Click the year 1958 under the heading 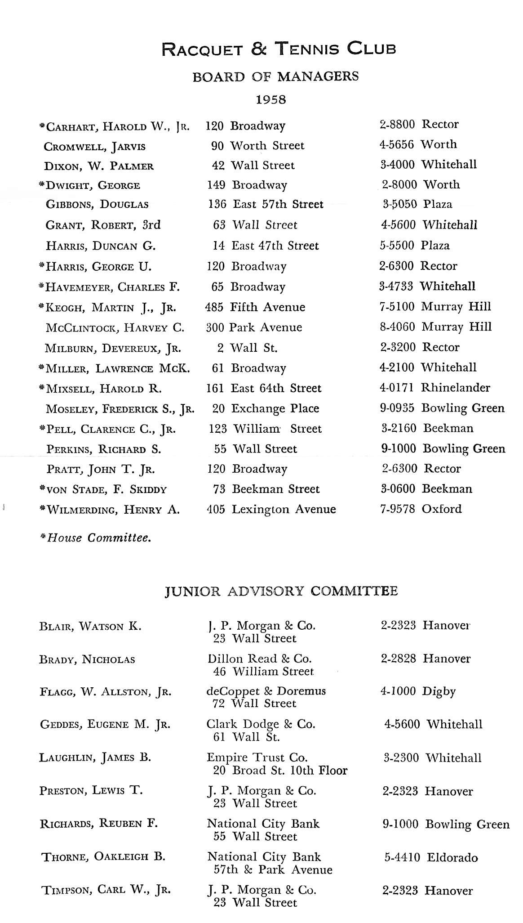(x=270, y=99)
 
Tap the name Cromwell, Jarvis (x=94, y=147)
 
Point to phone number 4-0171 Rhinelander (x=434, y=388)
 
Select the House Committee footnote (x=95, y=538)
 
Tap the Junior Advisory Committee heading (x=281, y=591)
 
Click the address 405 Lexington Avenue (x=271, y=510)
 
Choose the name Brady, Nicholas (x=87, y=660)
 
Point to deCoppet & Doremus (x=266, y=691)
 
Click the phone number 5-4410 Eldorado (x=430, y=858)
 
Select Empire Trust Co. (x=257, y=757)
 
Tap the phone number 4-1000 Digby (x=418, y=691)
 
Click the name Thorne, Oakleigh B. (x=103, y=857)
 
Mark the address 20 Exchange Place (x=265, y=409)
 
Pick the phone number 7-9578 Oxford (x=421, y=509)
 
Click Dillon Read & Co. (x=259, y=659)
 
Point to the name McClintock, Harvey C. (x=115, y=328)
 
